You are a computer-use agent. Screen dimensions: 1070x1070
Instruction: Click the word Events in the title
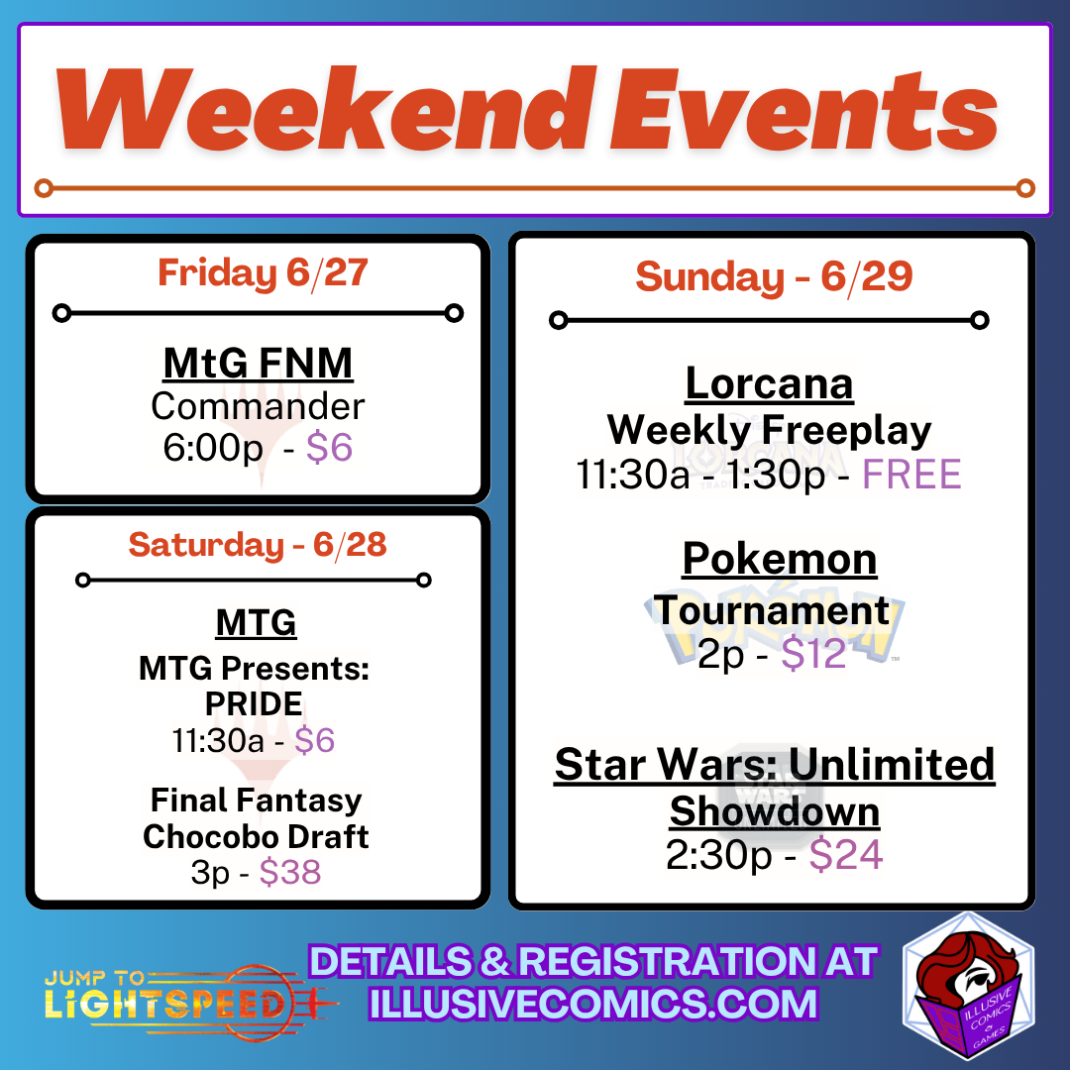pyautogui.click(x=804, y=108)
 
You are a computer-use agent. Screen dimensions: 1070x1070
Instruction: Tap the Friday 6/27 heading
pyautogui.click(x=263, y=273)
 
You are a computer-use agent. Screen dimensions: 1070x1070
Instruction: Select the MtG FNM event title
pyautogui.click(x=258, y=363)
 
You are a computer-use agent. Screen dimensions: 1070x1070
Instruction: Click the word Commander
pyautogui.click(x=258, y=406)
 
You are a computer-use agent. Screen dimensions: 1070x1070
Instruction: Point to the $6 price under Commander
pyautogui.click(x=329, y=448)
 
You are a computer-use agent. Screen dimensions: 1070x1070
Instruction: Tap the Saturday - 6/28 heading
pyautogui.click(x=258, y=545)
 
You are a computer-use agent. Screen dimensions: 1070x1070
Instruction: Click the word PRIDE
pyautogui.click(x=254, y=703)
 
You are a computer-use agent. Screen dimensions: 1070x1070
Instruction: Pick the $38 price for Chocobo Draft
pyautogui.click(x=290, y=872)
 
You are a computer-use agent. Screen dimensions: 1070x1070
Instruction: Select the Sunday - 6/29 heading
pyautogui.click(x=774, y=276)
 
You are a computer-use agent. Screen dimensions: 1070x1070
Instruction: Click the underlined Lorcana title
pyautogui.click(x=769, y=383)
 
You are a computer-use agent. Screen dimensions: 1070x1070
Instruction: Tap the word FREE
pyautogui.click(x=911, y=475)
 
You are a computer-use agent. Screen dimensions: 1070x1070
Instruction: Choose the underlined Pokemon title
pyautogui.click(x=780, y=559)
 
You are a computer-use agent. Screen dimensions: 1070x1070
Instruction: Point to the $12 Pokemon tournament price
pyautogui.click(x=813, y=654)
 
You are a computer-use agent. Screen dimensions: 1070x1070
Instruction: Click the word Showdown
pyautogui.click(x=775, y=810)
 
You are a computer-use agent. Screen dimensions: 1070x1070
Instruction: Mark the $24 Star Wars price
pyautogui.click(x=846, y=854)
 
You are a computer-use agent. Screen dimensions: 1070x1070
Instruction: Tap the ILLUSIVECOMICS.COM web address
pyautogui.click(x=593, y=1003)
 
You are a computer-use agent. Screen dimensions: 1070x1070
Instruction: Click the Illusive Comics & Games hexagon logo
pyautogui.click(x=968, y=986)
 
